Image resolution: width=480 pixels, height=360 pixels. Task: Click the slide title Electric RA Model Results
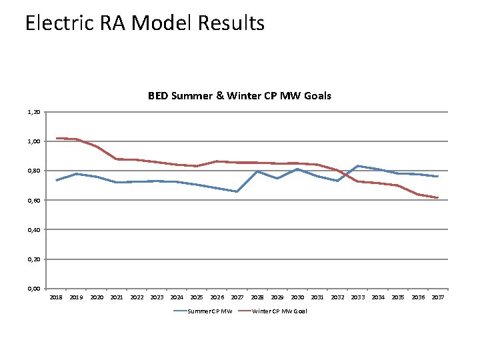145,23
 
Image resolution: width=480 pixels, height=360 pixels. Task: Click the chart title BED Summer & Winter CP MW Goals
239,96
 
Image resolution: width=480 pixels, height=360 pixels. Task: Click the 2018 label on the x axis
57,297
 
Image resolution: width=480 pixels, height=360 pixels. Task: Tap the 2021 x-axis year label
117,297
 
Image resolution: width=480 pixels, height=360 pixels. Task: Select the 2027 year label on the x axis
237,297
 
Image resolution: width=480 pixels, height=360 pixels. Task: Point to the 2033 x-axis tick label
357,297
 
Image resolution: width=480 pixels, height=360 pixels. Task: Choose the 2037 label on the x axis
438,297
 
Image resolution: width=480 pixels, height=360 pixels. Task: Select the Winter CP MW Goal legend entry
279,311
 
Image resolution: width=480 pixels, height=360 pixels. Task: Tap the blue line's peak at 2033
357,166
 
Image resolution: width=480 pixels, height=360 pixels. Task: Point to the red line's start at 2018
57,138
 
